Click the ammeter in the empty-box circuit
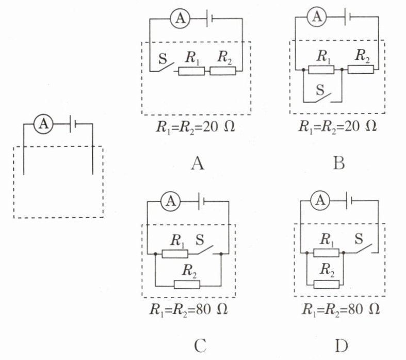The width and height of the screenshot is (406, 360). [43, 124]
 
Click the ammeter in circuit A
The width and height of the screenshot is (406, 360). [180, 19]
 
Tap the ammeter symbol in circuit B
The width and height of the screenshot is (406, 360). [317, 17]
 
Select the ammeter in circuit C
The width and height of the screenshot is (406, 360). [171, 201]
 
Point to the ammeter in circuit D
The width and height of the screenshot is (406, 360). [320, 201]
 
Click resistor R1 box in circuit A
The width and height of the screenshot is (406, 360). [191, 71]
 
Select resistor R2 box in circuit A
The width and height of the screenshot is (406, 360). [223, 71]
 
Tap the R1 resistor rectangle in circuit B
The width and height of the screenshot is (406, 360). [321, 70]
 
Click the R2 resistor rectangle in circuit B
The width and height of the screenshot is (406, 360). [361, 69]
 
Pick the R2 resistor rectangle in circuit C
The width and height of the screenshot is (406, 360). [187, 285]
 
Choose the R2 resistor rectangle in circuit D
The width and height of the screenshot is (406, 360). [326, 284]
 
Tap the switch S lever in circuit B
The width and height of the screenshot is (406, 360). [323, 97]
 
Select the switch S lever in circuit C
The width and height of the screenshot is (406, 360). [206, 249]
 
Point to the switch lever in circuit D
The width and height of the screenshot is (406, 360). [364, 248]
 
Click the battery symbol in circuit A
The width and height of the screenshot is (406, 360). [209, 19]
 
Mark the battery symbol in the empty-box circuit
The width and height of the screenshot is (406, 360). [73, 124]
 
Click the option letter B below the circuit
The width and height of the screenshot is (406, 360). [339, 163]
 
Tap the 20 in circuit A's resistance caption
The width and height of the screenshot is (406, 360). [210, 127]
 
